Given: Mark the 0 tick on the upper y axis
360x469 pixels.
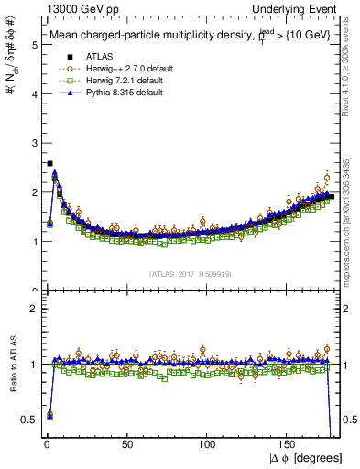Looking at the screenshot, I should click(34, 291).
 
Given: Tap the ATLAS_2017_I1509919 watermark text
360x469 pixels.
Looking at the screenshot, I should click(189, 273).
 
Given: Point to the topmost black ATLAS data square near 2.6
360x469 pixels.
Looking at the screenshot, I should click(49, 163).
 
